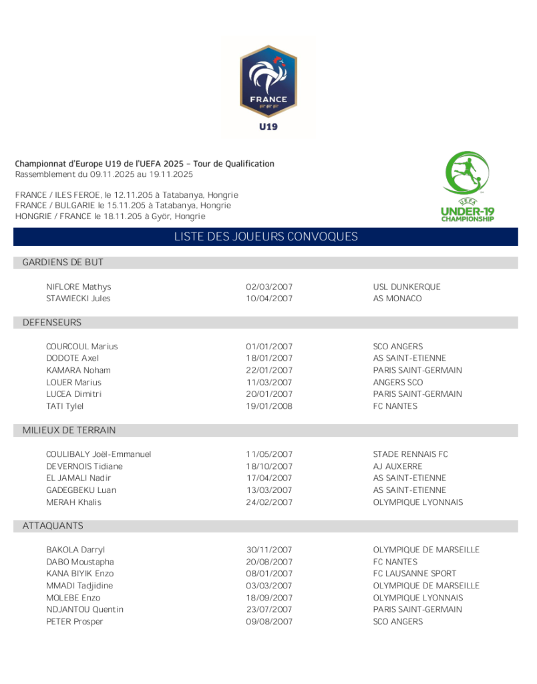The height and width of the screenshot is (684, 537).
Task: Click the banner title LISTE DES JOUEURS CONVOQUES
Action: (266, 236)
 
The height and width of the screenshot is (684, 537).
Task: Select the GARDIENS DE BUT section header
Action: (63, 263)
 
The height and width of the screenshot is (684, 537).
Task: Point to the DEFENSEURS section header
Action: (52, 323)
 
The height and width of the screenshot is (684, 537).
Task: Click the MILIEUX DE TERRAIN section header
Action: (69, 430)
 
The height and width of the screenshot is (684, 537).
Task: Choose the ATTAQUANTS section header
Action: (53, 526)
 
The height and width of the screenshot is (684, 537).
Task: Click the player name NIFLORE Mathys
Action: (78, 287)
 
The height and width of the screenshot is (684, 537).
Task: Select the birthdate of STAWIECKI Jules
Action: (269, 299)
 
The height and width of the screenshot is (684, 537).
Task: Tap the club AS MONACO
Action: (397, 299)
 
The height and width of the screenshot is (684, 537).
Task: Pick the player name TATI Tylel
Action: (65, 406)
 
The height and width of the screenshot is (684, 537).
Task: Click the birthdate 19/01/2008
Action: (269, 406)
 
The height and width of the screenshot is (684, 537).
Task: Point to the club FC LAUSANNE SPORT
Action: (415, 573)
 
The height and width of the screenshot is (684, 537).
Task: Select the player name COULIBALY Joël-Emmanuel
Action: (98, 454)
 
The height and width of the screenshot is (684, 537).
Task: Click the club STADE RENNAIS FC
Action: (411, 454)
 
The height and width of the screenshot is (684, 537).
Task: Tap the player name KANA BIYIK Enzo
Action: (79, 573)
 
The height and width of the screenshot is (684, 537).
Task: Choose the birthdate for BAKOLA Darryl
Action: (269, 550)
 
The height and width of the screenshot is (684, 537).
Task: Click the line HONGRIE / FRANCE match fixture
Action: (110, 216)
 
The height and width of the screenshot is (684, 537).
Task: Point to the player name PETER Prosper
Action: (74, 621)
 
